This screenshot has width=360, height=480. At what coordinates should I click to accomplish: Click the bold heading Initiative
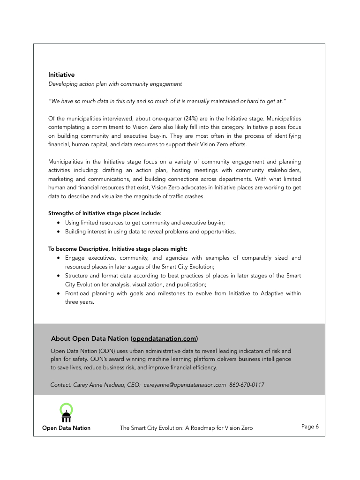click(61, 75)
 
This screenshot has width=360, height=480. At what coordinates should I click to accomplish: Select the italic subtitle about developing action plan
click(115, 84)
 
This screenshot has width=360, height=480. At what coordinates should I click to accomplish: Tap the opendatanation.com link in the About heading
click(164, 338)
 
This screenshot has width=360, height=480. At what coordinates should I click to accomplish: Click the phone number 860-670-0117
click(247, 385)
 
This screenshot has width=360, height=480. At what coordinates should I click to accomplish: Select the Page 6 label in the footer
click(310, 427)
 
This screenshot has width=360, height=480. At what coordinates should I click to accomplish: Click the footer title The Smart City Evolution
click(186, 428)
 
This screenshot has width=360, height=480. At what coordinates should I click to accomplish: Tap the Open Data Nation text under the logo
click(66, 428)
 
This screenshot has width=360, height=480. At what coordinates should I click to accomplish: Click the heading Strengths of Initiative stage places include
click(105, 213)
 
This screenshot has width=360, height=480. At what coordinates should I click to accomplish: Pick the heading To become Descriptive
click(121, 249)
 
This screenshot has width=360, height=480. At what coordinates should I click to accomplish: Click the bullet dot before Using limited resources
click(58, 223)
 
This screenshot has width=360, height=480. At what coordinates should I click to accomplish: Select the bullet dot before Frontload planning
click(58, 293)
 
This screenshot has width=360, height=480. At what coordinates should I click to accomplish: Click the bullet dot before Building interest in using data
click(58, 232)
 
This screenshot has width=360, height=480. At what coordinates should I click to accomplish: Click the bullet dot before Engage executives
click(58, 258)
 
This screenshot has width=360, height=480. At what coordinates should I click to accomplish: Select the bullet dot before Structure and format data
click(58, 276)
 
